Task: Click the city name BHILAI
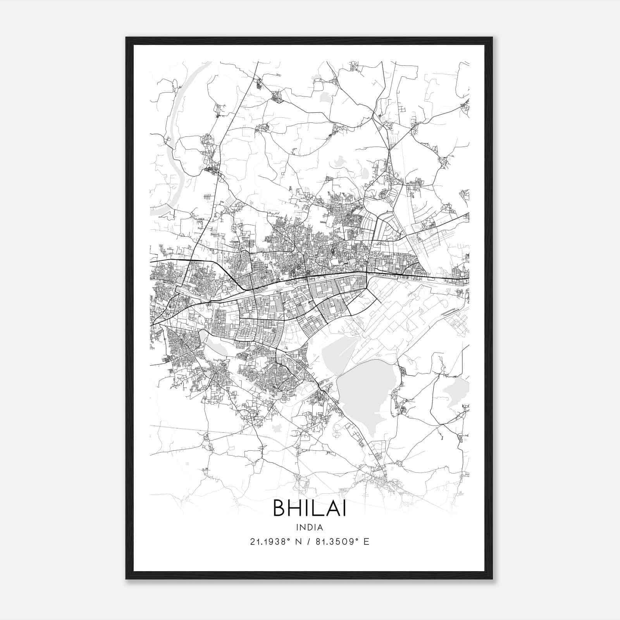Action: click(x=310, y=508)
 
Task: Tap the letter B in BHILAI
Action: click(x=280, y=508)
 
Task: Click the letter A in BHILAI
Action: click(x=332, y=508)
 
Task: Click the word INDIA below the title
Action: click(x=310, y=527)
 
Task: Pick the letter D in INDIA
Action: click(x=310, y=527)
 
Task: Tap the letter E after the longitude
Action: click(x=366, y=542)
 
